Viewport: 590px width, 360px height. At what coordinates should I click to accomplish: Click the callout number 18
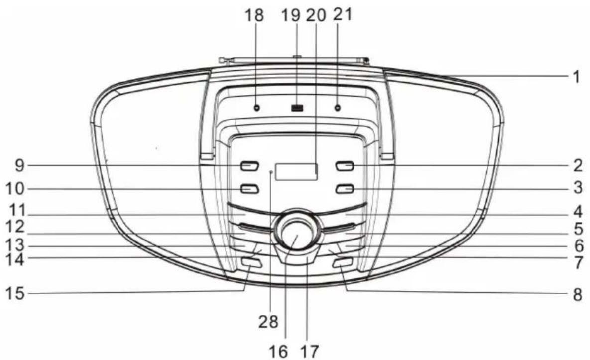pos(254,15)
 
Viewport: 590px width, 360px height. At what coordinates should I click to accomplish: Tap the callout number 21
pos(343,14)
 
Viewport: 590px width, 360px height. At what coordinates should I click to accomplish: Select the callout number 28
pos(268,322)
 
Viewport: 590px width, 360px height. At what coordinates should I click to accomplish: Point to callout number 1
pos(576,77)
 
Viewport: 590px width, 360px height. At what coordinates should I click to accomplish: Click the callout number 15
pos(15,293)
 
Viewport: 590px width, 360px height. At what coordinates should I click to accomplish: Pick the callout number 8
pos(578,295)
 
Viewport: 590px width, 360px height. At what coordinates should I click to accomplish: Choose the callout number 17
pos(309,351)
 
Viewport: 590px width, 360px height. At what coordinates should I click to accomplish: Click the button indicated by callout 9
pos(249,166)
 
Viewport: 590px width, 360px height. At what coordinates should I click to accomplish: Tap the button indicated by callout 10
pos(249,188)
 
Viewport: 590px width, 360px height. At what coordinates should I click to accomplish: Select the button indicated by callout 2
pos(345,166)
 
